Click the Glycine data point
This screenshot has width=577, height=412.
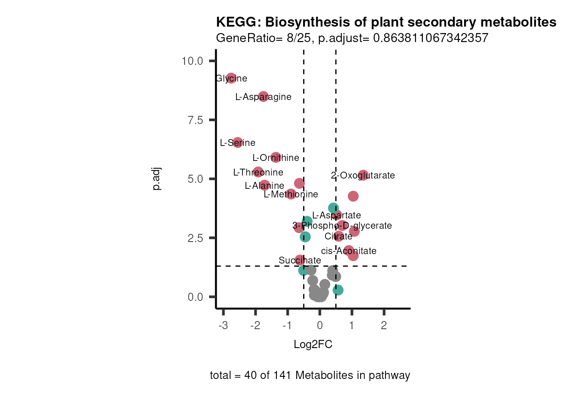231,78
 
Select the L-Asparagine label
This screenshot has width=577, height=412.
263,97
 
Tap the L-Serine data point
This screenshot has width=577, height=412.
237,142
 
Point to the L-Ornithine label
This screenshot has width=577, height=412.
276,158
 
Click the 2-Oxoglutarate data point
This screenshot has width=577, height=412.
363,175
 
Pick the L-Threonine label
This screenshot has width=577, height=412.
258,173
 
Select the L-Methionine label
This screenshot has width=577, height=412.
291,194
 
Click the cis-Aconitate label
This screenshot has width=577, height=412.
349,251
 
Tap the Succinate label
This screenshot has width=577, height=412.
300,261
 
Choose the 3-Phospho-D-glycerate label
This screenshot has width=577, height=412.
342,226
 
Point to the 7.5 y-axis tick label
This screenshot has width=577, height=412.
195,120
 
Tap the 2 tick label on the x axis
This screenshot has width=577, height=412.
384,325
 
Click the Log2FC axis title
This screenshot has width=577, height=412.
313,345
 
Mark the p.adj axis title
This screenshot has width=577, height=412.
157,179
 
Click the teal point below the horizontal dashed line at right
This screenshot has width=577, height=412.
338,290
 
